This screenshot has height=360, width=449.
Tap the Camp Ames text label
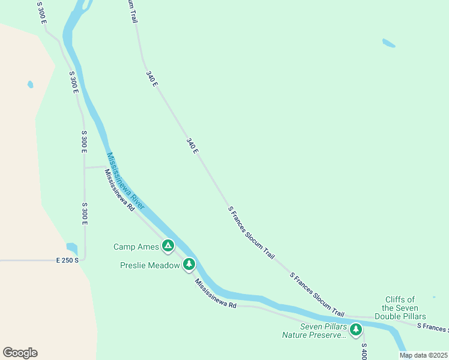click(x=136, y=247)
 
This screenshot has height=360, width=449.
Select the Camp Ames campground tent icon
click(x=168, y=245)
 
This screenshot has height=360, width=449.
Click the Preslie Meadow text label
click(x=149, y=265)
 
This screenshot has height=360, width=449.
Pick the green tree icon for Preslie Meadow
click(x=189, y=264)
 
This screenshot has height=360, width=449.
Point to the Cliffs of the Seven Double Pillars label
click(x=400, y=308)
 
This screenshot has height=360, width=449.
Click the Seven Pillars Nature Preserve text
click(x=315, y=331)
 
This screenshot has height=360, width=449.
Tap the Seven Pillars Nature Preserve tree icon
click(x=356, y=329)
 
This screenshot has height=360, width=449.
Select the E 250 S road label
click(x=68, y=260)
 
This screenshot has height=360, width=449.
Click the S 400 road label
click(x=363, y=350)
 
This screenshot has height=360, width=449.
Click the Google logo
click(x=20, y=353)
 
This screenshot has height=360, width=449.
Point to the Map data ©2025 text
click(x=423, y=355)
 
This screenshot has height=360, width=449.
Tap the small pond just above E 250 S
click(x=72, y=247)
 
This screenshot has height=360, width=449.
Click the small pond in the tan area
click(x=30, y=85)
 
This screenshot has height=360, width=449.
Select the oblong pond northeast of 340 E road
click(x=389, y=43)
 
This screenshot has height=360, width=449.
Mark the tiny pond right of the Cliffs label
click(x=434, y=297)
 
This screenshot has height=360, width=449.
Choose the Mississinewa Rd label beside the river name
click(x=119, y=190)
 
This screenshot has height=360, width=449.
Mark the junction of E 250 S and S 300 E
click(x=84, y=260)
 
